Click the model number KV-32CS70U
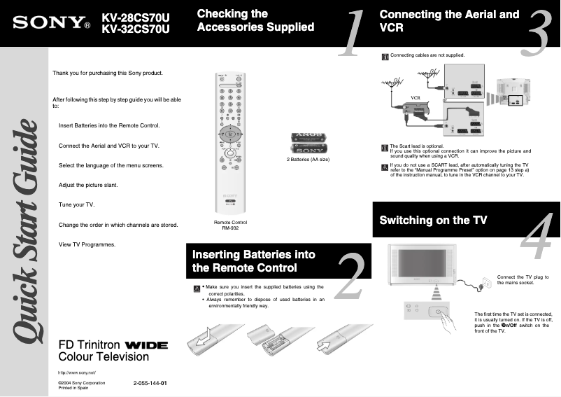coord(136,29)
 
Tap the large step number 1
coord(351,33)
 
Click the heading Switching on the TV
coord(433,220)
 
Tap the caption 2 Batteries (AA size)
coord(308,160)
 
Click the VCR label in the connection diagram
coord(415,97)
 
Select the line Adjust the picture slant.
coord(88,185)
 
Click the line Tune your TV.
coord(76,204)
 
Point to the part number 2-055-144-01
coord(149,384)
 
